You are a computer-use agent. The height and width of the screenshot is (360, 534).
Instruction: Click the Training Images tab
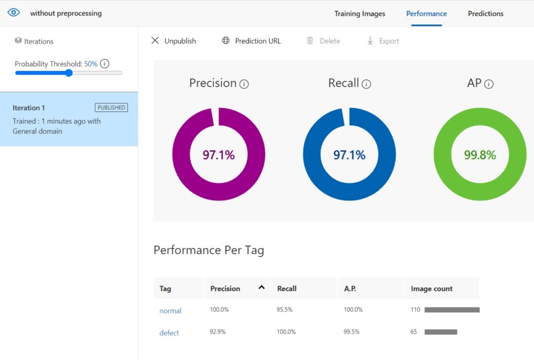click(x=360, y=14)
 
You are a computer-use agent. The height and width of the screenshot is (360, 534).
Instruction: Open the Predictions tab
click(x=485, y=14)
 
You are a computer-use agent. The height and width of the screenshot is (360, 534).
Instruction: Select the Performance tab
click(x=427, y=14)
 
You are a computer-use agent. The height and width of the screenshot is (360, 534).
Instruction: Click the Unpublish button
click(x=174, y=41)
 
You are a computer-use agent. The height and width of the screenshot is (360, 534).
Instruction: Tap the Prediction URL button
click(x=251, y=41)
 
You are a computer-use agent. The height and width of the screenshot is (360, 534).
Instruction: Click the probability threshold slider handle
click(x=69, y=73)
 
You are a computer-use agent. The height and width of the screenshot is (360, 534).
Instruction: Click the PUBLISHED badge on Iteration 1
click(x=111, y=107)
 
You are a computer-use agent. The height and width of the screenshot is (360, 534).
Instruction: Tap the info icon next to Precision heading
click(x=244, y=84)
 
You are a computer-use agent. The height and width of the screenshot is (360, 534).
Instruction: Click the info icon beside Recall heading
click(x=366, y=84)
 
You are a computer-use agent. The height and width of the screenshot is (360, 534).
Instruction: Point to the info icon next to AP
click(x=489, y=84)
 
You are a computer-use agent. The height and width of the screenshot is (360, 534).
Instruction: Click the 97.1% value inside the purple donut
click(x=219, y=155)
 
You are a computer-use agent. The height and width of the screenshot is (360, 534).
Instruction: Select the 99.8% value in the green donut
click(x=480, y=155)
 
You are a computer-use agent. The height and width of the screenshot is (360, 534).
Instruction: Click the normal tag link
click(x=170, y=310)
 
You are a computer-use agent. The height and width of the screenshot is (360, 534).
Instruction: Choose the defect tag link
click(x=169, y=333)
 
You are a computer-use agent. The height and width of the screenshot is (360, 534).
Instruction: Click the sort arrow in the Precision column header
click(x=262, y=287)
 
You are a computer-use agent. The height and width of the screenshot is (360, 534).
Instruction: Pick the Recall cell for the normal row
click(x=284, y=310)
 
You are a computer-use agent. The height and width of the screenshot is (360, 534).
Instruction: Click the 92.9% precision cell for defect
click(x=217, y=331)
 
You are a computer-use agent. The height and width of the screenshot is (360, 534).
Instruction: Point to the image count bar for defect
click(x=441, y=331)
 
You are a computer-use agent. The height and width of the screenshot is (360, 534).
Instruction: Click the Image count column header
click(x=431, y=288)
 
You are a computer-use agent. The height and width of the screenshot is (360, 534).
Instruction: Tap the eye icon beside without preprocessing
click(x=14, y=13)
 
